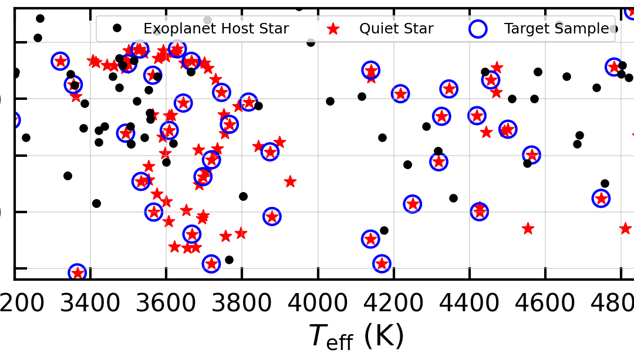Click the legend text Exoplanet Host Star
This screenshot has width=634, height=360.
(x=216, y=29)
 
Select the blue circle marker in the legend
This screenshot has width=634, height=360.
(x=478, y=28)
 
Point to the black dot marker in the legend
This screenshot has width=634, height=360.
(x=117, y=28)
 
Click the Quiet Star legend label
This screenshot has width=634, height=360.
(x=396, y=29)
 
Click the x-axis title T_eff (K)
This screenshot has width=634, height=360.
(x=356, y=337)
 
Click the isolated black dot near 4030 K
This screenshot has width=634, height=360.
(x=330, y=101)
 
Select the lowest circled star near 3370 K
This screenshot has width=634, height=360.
(x=77, y=272)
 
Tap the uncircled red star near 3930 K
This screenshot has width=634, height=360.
(x=290, y=181)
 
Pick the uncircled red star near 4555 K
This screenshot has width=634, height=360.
(x=528, y=228)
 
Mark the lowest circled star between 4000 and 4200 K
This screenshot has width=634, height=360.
(x=382, y=264)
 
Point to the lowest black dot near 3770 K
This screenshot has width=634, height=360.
(x=229, y=260)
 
